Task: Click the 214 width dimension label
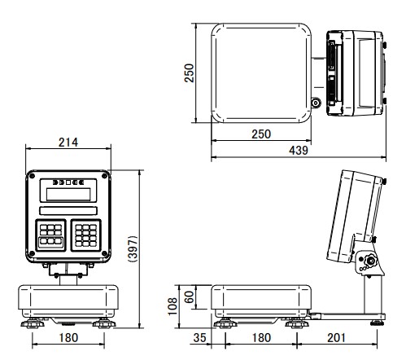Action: point(68,143)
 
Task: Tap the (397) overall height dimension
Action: point(133,248)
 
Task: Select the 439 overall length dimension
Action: point(299,150)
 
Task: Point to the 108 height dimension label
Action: point(172,306)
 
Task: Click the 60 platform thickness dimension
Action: point(189,296)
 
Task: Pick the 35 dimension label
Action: point(200,338)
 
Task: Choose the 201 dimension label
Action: point(336,338)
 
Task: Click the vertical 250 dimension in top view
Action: point(189,72)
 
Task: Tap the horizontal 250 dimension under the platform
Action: point(261,134)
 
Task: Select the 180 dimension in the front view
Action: point(68,338)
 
